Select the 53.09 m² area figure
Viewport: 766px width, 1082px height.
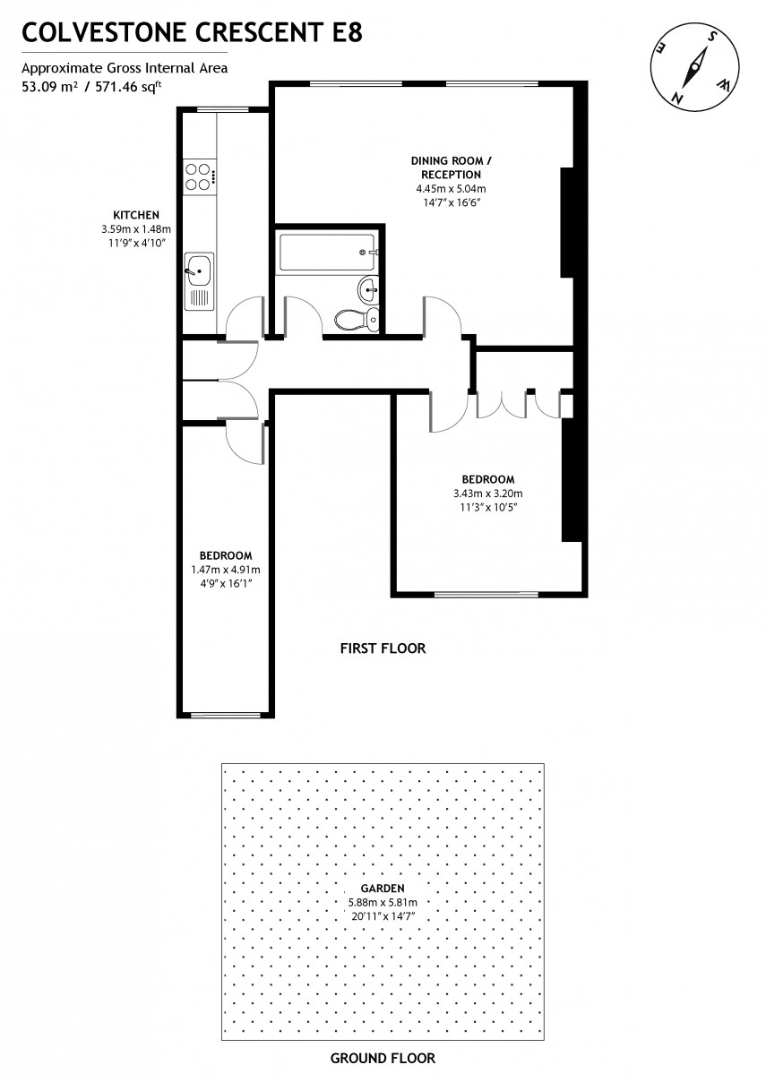pyautogui.click(x=48, y=87)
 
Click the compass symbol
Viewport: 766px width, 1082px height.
pyautogui.click(x=694, y=68)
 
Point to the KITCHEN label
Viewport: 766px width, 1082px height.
pyautogui.click(x=136, y=215)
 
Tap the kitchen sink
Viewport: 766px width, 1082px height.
pyautogui.click(x=199, y=266)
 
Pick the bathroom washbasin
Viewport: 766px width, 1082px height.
pyautogui.click(x=368, y=288)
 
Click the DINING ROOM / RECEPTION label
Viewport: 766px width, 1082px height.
pyautogui.click(x=452, y=167)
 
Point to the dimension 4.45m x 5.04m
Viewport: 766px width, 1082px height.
pyautogui.click(x=451, y=189)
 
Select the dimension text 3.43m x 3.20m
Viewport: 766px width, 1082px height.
pyautogui.click(x=488, y=494)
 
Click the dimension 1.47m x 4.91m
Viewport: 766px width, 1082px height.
pyautogui.click(x=226, y=570)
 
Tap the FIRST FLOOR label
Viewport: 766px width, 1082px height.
pyautogui.click(x=383, y=648)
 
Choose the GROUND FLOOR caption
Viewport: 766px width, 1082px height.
pyautogui.click(x=383, y=1058)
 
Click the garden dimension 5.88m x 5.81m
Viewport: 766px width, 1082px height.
pyautogui.click(x=383, y=902)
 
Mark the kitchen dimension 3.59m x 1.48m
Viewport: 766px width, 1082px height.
pyautogui.click(x=136, y=229)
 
